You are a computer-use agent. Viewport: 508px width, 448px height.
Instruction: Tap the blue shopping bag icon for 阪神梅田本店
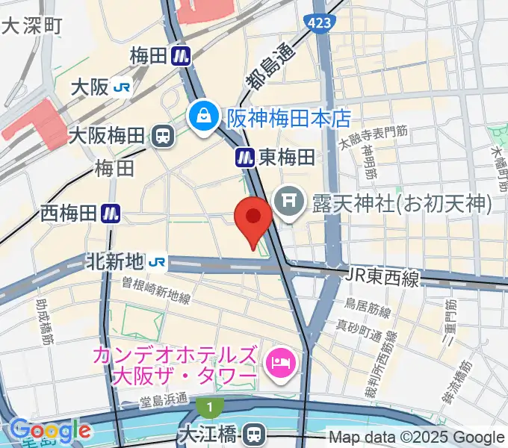(202, 116)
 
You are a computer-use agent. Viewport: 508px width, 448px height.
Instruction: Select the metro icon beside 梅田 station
(181, 55)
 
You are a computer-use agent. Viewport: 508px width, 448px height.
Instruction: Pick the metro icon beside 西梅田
(111, 214)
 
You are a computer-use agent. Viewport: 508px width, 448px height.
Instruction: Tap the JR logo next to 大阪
(122, 87)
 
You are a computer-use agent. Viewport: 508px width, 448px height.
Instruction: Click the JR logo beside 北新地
(157, 261)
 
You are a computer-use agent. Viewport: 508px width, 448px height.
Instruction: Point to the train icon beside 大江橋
(255, 433)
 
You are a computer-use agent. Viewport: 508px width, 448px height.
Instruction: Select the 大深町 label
(32, 26)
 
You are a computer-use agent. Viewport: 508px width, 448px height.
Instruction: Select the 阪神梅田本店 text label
(289, 118)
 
